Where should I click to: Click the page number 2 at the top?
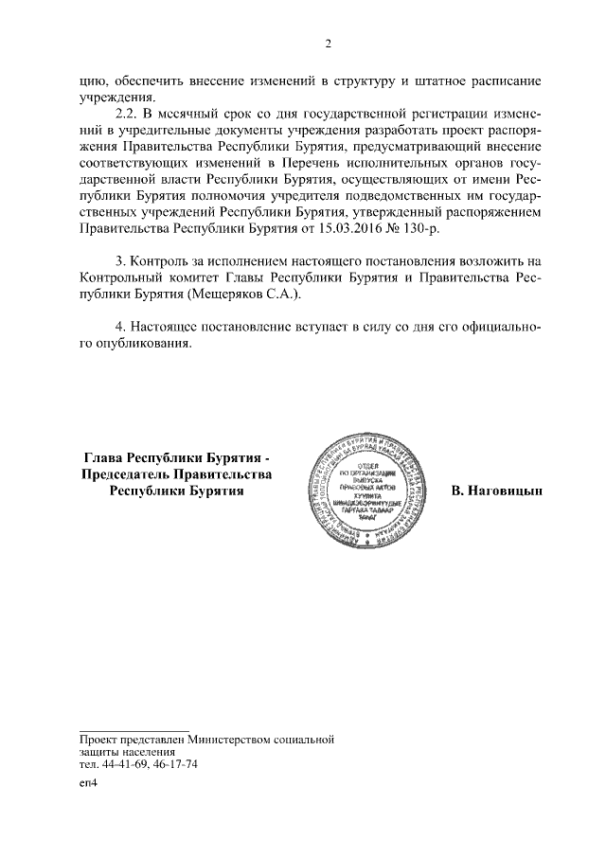click(328, 44)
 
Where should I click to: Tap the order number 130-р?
click(420, 229)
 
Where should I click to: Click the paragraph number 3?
click(119, 259)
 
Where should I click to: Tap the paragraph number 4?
click(119, 327)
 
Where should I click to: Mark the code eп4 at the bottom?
click(88, 784)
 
